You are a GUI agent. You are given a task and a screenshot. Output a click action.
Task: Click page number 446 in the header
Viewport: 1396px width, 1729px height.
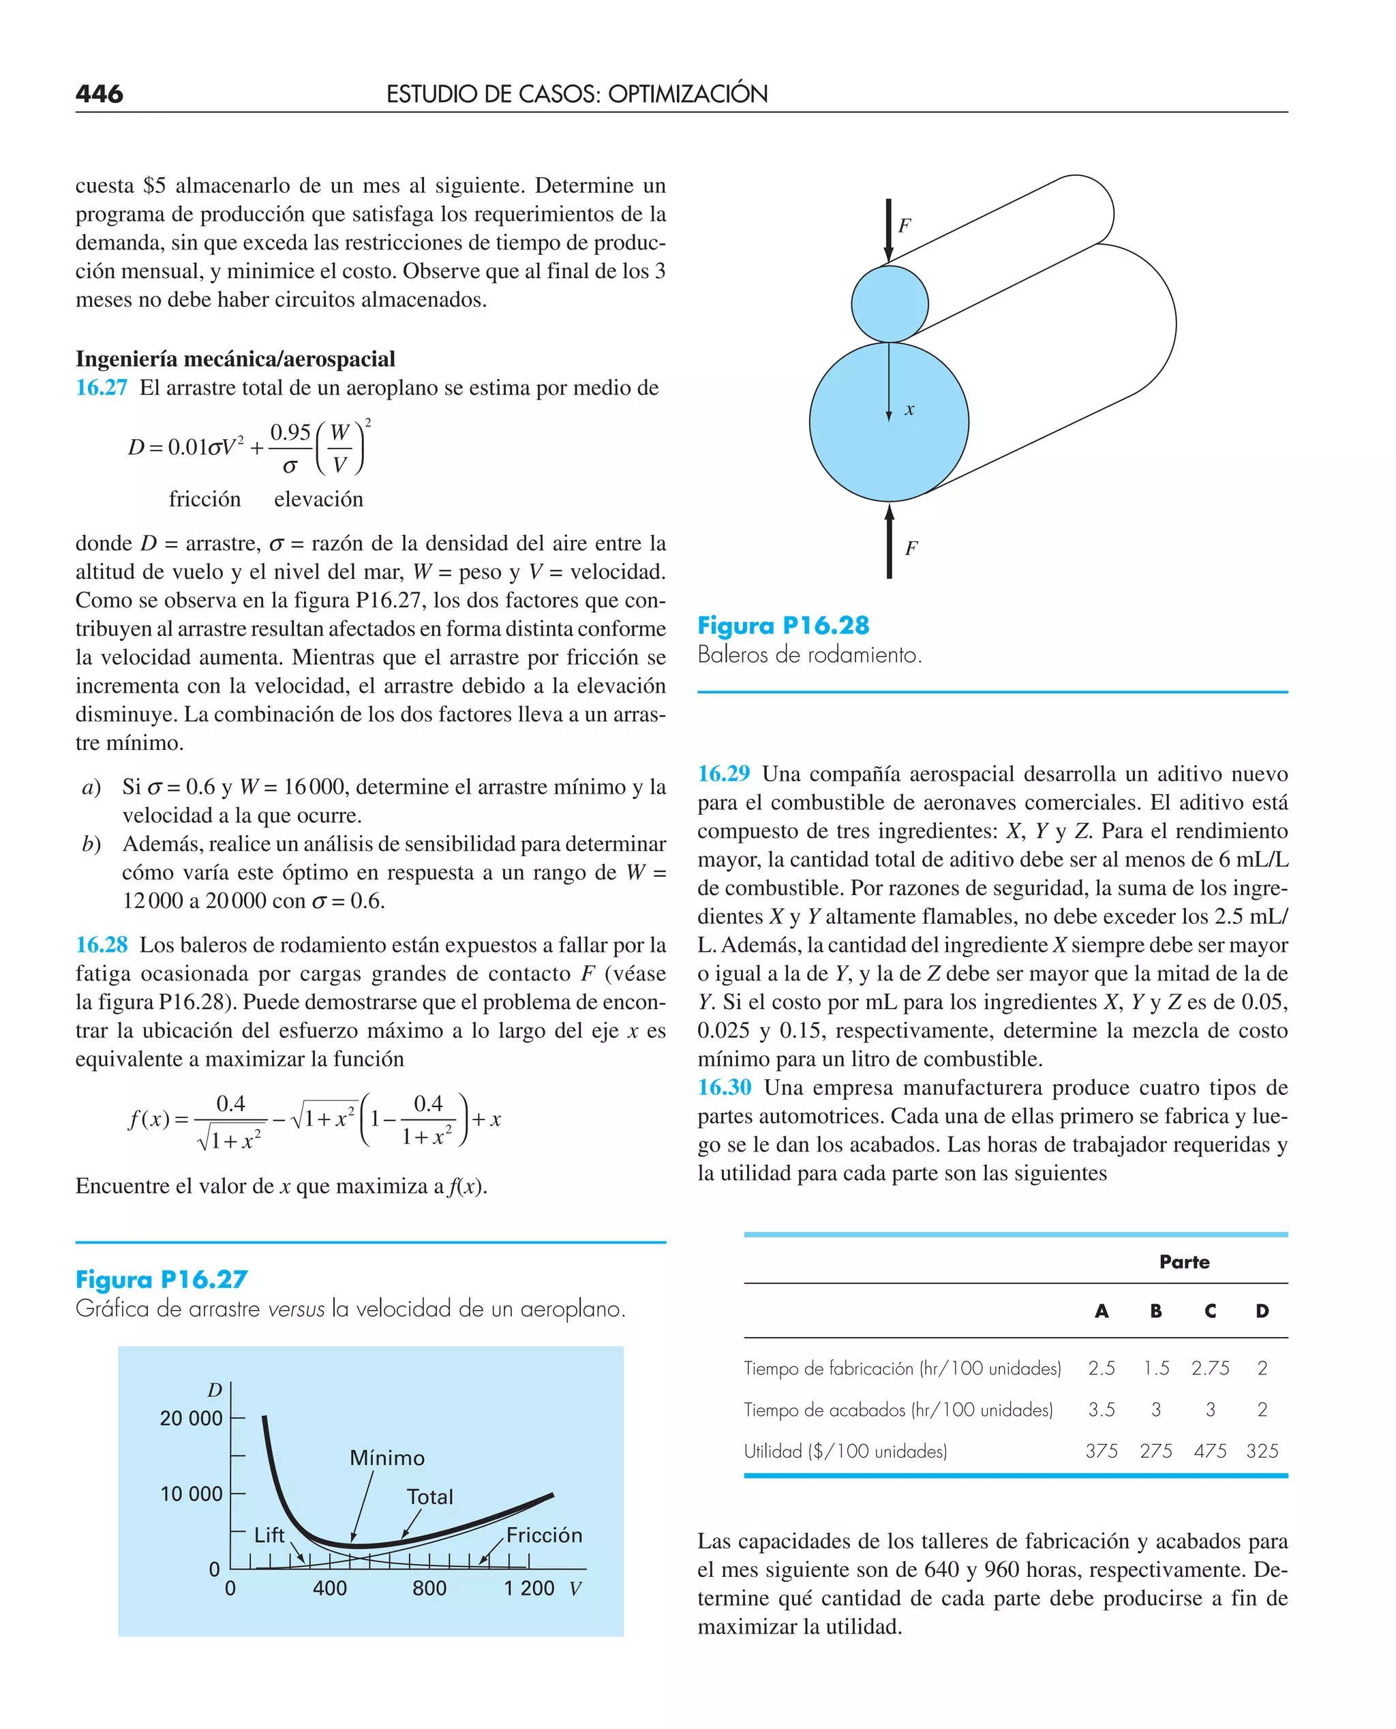pos(99,94)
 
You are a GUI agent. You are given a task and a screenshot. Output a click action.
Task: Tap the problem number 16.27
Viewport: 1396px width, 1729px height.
pos(102,388)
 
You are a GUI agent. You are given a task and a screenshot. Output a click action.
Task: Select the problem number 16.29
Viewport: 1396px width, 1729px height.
pos(723,774)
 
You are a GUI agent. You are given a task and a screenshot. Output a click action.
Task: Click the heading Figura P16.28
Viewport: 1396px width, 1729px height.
pos(783,626)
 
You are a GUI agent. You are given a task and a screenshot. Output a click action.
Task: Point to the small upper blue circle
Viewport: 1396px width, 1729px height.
pos(890,304)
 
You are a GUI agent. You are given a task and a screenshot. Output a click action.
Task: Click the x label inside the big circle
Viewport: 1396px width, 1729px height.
pos(909,409)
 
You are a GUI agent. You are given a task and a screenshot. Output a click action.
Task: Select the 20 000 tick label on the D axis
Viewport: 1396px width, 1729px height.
pos(191,1419)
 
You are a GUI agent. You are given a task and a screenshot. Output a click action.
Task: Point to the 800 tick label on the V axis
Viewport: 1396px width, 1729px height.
pos(429,1589)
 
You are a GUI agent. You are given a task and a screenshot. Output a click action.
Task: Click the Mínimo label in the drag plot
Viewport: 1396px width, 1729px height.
pos(386,1458)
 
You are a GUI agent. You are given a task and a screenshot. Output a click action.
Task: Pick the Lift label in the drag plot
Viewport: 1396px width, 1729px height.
pos(269,1535)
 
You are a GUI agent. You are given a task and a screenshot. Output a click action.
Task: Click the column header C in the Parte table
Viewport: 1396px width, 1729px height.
pos(1209,1312)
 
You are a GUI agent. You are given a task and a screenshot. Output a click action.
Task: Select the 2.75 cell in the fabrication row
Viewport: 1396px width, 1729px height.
pos(1209,1368)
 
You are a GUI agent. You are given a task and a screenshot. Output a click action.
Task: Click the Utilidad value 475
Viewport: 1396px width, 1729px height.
pos(1209,1451)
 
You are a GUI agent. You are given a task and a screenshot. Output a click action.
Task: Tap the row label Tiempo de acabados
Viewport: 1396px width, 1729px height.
pos(898,1410)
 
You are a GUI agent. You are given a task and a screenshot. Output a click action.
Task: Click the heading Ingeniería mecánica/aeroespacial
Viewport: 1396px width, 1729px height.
pos(234,359)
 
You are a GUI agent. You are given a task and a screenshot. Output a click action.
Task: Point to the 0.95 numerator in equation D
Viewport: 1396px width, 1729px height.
pos(290,433)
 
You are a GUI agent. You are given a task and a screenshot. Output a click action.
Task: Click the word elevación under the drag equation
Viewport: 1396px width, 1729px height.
pos(318,499)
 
